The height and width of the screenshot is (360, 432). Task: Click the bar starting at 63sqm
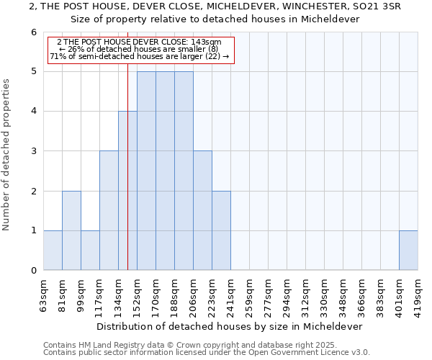point(53,251)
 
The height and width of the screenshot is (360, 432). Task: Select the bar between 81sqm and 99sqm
point(71,230)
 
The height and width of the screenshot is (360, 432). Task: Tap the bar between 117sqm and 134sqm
point(109,210)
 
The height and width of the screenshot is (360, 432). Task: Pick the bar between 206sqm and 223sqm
point(202,210)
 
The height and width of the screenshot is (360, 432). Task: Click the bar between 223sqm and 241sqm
point(221,230)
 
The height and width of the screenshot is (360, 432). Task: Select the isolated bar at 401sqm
point(408,251)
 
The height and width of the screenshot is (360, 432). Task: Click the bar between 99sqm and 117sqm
point(90,251)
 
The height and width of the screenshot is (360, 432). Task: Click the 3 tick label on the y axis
point(33,151)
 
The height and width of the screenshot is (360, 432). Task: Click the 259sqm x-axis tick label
point(249,295)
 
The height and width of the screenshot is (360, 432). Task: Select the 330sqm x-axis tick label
point(324,295)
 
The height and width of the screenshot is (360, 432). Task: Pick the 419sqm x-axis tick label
point(418,295)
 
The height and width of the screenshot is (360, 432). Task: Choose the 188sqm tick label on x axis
point(174,295)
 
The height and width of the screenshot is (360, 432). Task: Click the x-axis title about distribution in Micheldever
point(230,326)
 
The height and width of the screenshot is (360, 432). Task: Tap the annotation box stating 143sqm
point(141,50)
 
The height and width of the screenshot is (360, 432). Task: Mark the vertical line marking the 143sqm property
point(127,166)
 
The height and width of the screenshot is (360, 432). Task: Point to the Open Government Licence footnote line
point(207,352)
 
